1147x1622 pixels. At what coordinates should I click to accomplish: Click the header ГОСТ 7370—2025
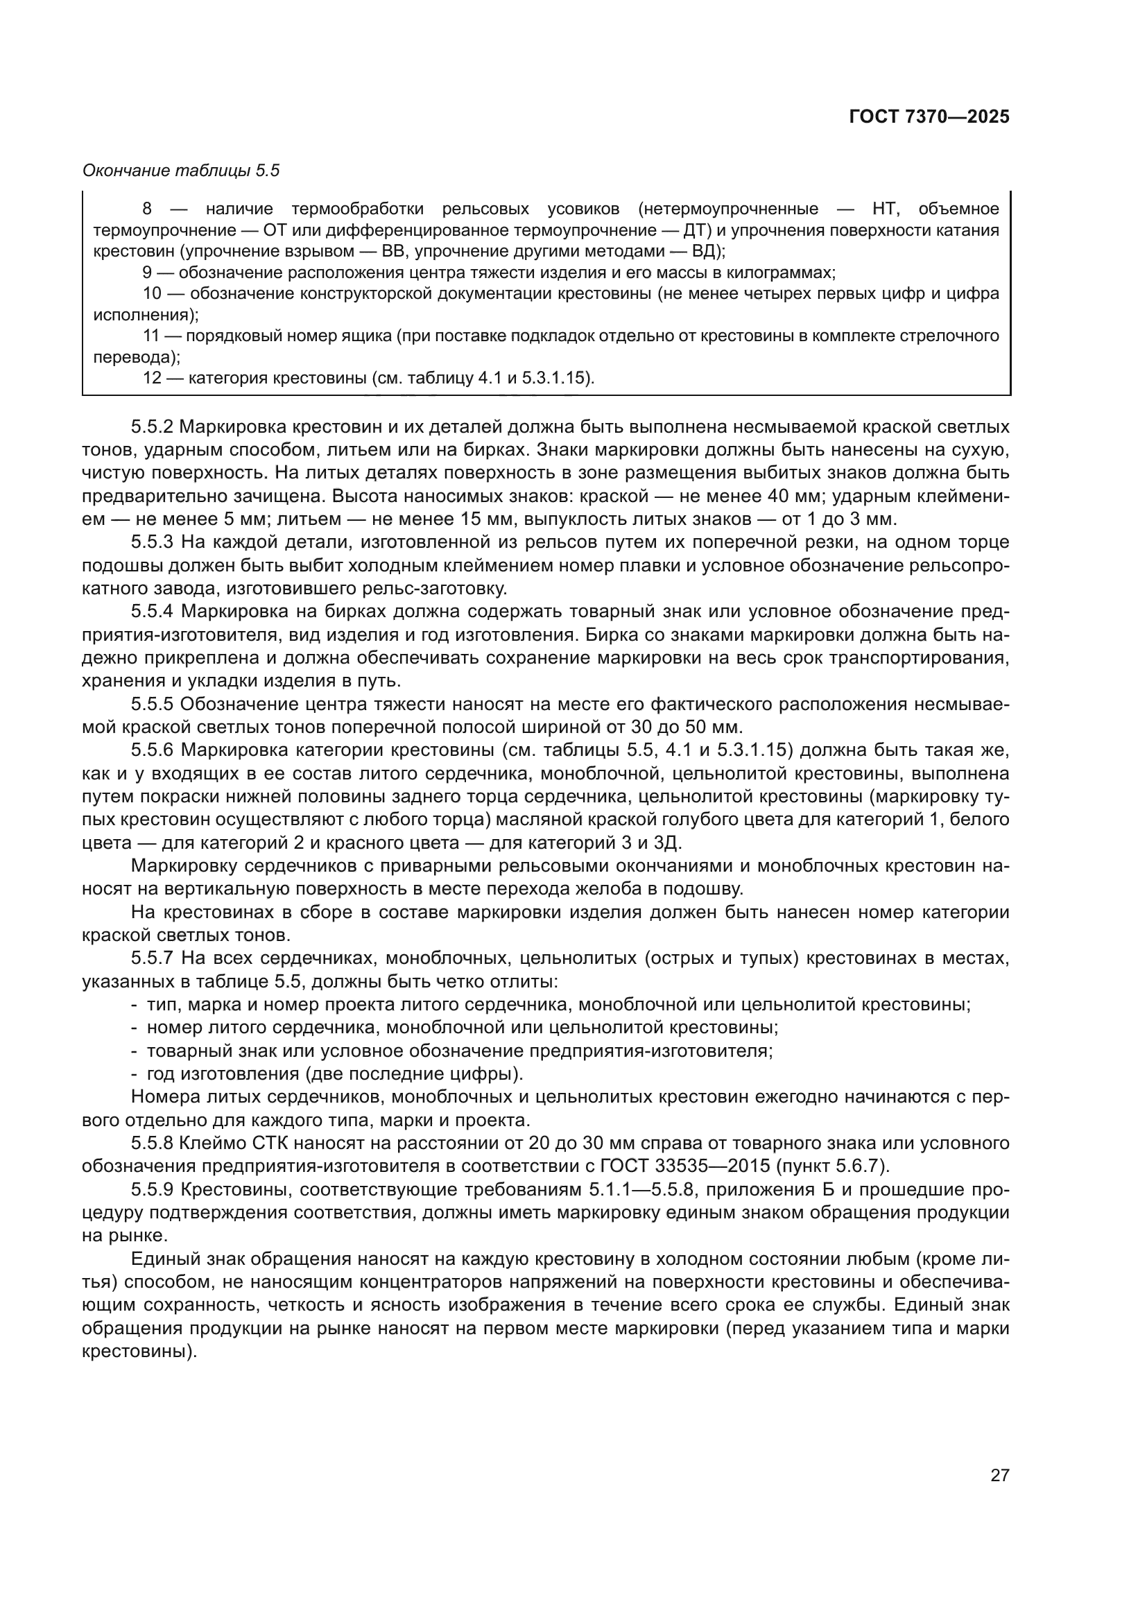[x=929, y=117]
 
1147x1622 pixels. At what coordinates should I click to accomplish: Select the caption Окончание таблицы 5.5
[x=181, y=171]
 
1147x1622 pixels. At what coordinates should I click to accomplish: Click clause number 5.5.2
[x=153, y=426]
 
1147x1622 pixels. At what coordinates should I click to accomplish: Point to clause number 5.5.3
[x=153, y=542]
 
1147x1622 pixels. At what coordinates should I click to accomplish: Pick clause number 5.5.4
[x=153, y=611]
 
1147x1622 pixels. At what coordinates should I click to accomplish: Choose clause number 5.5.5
[x=153, y=704]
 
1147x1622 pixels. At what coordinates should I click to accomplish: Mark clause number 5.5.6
[x=153, y=750]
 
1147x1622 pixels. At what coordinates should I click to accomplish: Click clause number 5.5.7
[x=153, y=958]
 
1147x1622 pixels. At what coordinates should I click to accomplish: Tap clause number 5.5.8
[x=153, y=1143]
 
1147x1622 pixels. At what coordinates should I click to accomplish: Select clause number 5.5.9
[x=153, y=1190]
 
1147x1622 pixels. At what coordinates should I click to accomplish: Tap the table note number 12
[x=153, y=378]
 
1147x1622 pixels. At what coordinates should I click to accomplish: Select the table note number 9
[x=147, y=273]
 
